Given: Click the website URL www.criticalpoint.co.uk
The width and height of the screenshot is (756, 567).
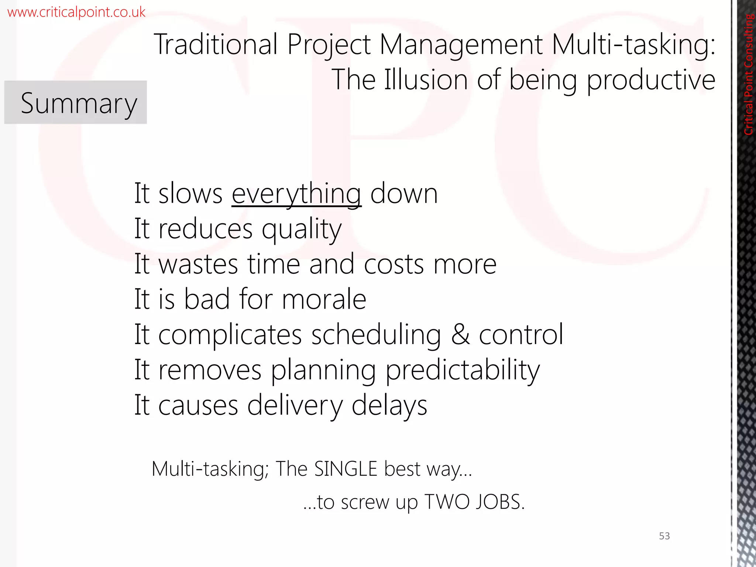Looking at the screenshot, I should coord(76,12).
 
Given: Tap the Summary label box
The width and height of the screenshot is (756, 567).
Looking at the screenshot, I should coord(76,103).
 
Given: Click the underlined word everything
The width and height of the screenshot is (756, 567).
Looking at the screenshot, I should coord(296,193).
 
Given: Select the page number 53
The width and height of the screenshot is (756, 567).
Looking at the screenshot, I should coord(664,536).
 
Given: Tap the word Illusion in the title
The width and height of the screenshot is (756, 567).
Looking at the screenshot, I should coord(426,80).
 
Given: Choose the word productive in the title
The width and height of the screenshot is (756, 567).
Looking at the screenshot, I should coord(651,80).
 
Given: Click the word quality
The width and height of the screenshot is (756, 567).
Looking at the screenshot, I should coord(302,229).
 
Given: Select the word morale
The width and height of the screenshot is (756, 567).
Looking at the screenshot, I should coord(324,299).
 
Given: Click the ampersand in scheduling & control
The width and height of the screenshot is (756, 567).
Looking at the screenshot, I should coord(460,334).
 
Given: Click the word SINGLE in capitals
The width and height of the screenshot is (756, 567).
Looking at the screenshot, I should coord(346,469).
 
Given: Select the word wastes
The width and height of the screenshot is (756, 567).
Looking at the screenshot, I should coord(198,264).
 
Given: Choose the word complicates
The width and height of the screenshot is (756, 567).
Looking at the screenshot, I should coord(230,334).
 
